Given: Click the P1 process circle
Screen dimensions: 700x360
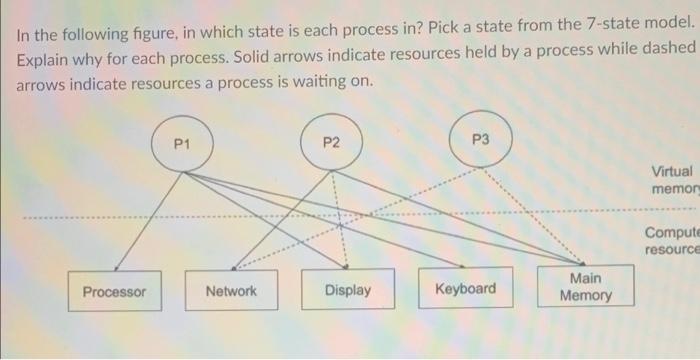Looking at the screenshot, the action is coord(181,146).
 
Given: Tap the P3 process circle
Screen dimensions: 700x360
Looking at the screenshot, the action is coord(480,141).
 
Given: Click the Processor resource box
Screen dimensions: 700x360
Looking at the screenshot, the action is coord(113,291).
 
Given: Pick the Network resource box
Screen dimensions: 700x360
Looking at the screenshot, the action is coord(231,291).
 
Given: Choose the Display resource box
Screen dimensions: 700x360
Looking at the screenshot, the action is coord(347,291).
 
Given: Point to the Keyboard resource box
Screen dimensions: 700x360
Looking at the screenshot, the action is coord(465,290).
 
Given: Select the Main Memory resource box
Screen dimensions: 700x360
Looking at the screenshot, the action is coord(586,287).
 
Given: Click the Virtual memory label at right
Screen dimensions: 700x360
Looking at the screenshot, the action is coord(671,180).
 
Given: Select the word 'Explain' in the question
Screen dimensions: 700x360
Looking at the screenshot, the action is coord(43,62).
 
